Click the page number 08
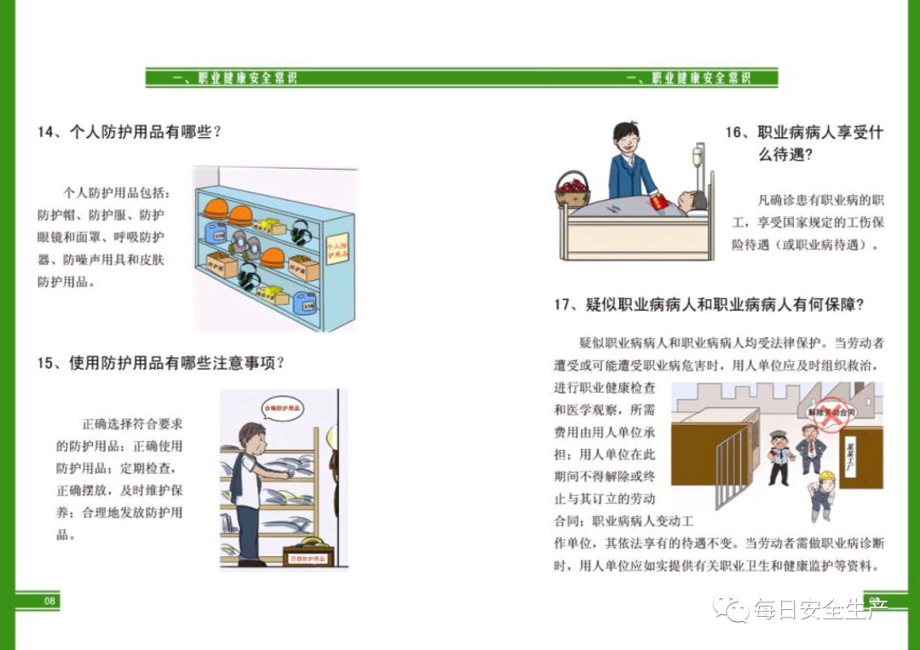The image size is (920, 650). pos(49,601)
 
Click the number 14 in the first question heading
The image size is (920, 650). pos(46,132)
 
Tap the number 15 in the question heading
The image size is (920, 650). pos(46,363)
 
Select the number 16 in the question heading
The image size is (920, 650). pos(734,133)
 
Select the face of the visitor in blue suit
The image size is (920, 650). pos(629,138)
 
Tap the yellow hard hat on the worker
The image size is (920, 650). pos(822,475)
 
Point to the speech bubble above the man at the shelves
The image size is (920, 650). pos(284,408)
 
